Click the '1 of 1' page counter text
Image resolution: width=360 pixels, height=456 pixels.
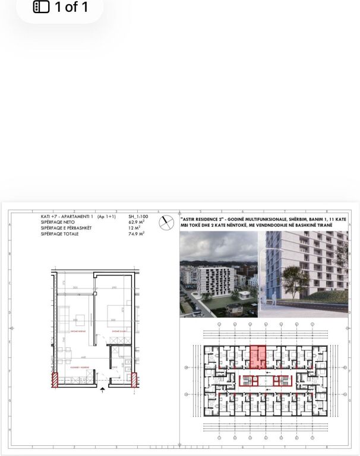[71, 7]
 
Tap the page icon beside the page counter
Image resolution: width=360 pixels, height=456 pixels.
[40, 7]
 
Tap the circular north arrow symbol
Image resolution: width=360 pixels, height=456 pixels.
[166, 223]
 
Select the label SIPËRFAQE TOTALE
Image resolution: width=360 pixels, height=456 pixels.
[60, 235]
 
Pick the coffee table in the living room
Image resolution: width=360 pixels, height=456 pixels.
[79, 315]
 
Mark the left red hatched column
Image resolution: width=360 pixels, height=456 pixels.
[54, 379]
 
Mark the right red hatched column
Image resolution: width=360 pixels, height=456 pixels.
[135, 379]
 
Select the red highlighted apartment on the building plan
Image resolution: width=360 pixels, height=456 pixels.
[257, 358]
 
